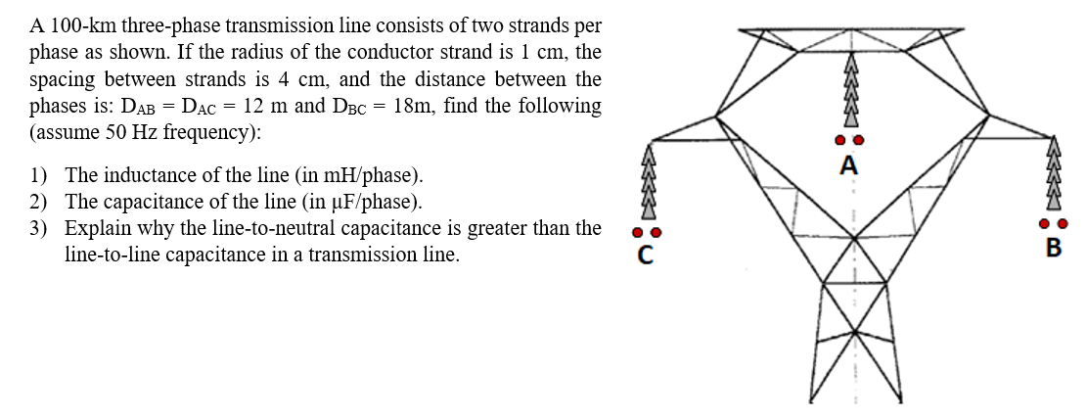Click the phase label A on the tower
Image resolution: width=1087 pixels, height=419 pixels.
849,165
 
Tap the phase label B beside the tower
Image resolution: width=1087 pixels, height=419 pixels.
1053,247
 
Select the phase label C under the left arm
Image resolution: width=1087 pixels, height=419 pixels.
644,257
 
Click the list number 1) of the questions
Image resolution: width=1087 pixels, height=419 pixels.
38,176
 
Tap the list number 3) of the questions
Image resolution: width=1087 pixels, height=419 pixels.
38,229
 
